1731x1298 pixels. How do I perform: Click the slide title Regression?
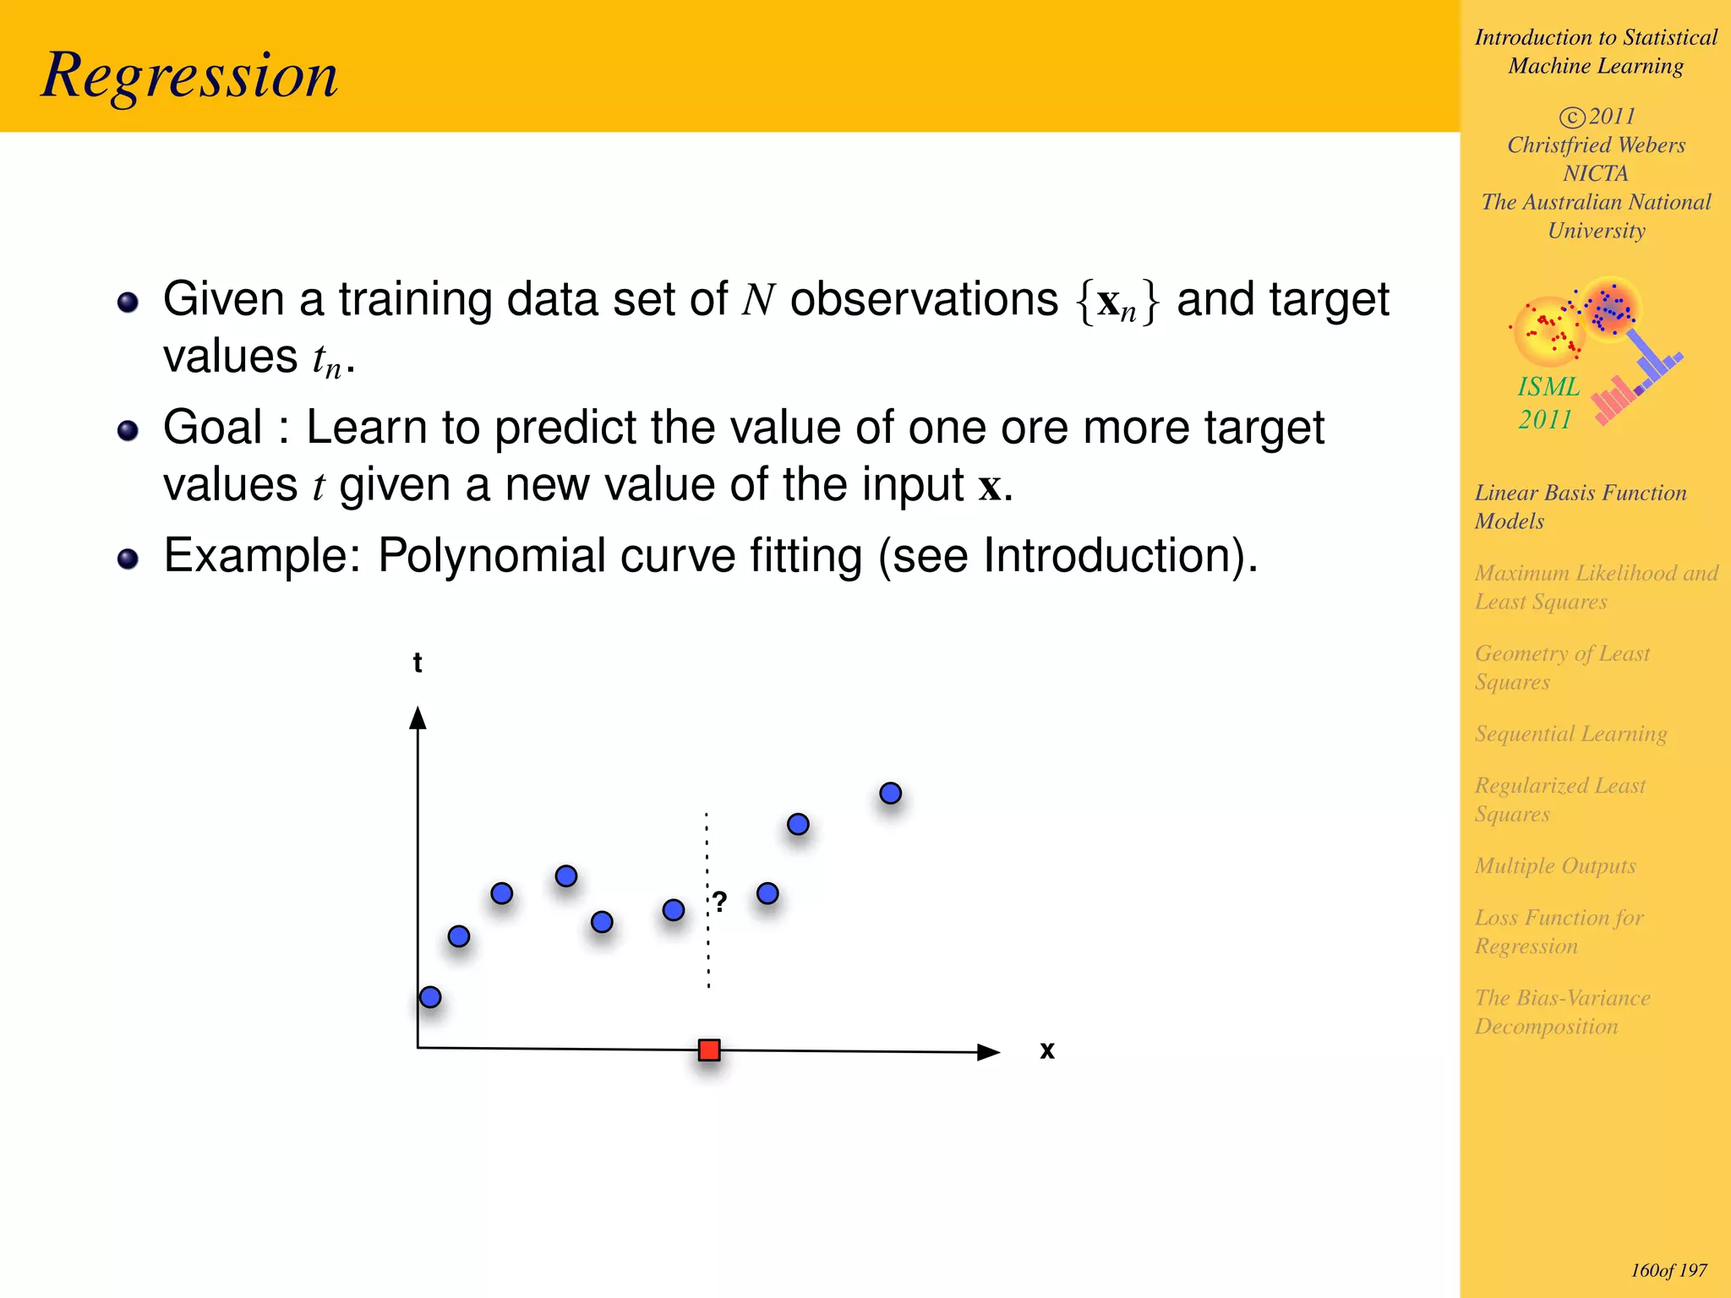click(x=189, y=76)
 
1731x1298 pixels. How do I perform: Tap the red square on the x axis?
click(x=709, y=1050)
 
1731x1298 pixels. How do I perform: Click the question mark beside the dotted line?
click(x=719, y=902)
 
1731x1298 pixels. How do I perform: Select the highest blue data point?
click(x=890, y=794)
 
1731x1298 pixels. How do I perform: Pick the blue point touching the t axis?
click(x=430, y=997)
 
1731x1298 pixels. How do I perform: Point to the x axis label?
click(x=1047, y=1050)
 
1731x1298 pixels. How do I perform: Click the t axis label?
click(x=418, y=663)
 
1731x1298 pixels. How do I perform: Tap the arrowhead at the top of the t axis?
click(x=418, y=718)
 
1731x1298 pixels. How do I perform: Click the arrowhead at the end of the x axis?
click(x=988, y=1052)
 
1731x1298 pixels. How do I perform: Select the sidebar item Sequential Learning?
click(x=1570, y=734)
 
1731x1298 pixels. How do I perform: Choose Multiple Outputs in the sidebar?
click(x=1555, y=865)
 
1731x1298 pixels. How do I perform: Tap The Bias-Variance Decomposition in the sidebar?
click(x=1562, y=1012)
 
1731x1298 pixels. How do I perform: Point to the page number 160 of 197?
click(x=1668, y=1270)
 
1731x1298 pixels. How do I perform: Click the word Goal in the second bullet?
click(x=213, y=428)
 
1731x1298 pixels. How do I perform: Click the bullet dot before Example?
click(x=128, y=559)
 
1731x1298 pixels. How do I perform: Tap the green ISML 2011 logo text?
click(x=1548, y=403)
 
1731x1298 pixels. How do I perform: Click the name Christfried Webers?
click(x=1596, y=145)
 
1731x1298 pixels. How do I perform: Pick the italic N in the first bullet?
click(x=758, y=300)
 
